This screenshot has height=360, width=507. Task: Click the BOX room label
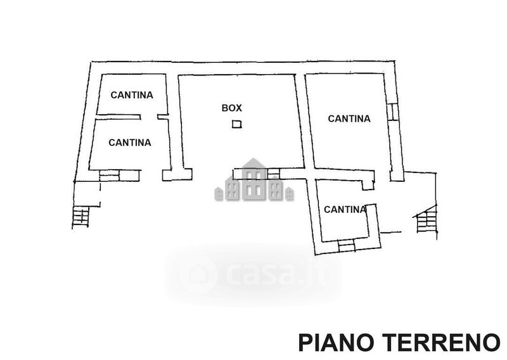pos(231,108)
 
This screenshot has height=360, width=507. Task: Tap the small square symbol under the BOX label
pos(237,124)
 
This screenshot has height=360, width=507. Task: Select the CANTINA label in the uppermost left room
pos(132,95)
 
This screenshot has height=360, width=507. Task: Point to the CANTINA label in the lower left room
pos(130,143)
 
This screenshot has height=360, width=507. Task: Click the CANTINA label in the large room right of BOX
pos(349,119)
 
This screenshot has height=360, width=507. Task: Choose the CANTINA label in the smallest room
pos(345,209)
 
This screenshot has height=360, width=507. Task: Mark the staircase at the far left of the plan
pos(81,217)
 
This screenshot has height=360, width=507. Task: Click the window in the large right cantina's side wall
pos(392,112)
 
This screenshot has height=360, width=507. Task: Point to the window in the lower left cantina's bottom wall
pos(109,176)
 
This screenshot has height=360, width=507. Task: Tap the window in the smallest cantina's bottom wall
pos(346,245)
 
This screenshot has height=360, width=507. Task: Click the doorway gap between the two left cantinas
pos(149,117)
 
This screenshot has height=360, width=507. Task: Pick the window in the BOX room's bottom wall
pos(273,174)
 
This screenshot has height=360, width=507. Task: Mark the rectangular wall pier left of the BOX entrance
pos(177,174)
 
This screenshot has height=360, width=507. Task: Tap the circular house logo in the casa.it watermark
pos(197,275)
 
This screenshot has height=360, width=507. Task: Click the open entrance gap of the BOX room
pos(212,174)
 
